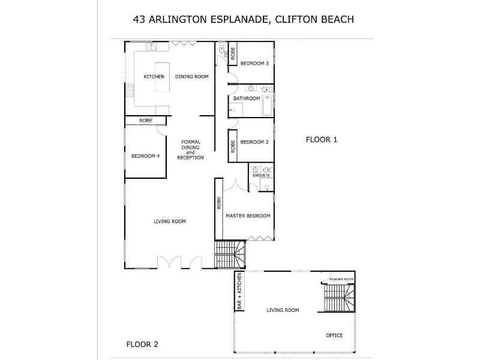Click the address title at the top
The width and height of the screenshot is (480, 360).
click(243, 19)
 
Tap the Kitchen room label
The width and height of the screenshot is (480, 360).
click(154, 77)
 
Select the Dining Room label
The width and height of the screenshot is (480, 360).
click(191, 77)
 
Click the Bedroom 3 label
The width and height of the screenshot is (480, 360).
click(254, 63)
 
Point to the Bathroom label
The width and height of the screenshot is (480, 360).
click(247, 98)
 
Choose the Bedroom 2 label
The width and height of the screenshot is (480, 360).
click(254, 142)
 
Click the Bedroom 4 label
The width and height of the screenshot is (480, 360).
click(145, 156)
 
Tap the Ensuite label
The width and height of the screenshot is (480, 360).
click(261, 175)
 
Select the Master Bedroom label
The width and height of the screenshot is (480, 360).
click(248, 216)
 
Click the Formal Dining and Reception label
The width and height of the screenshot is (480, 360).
click(190, 149)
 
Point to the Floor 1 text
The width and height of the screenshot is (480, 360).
click(322, 140)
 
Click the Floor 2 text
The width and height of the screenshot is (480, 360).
click(142, 344)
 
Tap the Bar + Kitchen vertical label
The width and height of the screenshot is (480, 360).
click(239, 291)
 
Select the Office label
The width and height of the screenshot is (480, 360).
click(334, 335)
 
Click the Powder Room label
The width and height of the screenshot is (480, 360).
click(341, 280)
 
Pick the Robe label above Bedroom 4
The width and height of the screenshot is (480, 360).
click(145, 121)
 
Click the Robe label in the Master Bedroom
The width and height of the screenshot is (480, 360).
click(219, 202)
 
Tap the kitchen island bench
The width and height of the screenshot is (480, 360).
click(163, 77)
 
